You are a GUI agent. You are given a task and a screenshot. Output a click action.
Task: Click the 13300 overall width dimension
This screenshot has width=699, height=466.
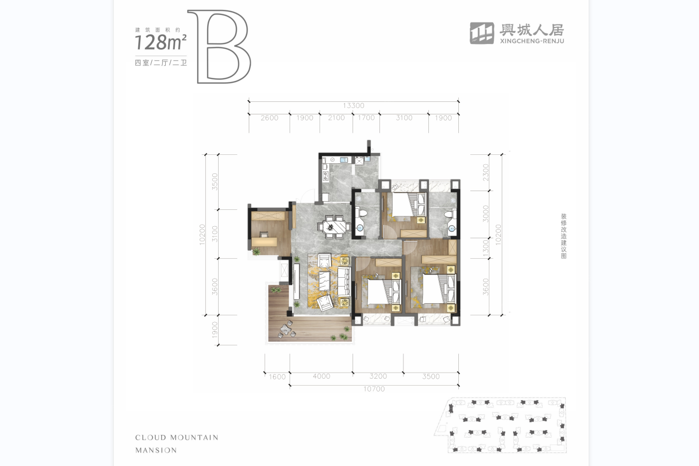353,105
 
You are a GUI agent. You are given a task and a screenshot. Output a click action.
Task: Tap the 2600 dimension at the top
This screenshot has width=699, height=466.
269,118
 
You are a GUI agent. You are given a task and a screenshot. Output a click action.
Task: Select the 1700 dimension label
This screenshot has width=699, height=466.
366,118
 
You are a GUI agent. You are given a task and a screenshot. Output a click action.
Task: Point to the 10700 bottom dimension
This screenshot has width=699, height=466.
374,389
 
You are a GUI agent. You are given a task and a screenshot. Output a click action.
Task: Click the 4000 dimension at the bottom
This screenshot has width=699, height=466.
322,376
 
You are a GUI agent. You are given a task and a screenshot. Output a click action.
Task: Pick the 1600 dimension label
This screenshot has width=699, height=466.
277,377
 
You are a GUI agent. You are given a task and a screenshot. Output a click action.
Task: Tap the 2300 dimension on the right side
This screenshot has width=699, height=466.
485,172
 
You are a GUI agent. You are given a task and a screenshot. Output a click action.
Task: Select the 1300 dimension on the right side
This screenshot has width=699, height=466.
485,248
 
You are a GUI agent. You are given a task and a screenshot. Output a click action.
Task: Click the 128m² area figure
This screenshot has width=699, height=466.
161,42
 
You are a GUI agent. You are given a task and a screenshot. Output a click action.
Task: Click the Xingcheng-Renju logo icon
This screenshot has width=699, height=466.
482,33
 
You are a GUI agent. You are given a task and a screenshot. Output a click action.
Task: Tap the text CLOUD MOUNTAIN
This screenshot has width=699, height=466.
177,438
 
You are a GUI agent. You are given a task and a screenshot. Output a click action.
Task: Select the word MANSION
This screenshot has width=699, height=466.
156,450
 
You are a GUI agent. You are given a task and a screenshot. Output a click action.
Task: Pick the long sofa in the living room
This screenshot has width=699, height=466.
344,282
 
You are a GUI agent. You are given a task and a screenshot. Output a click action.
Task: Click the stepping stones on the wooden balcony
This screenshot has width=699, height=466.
287,330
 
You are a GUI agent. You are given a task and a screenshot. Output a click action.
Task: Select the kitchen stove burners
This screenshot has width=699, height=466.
326,176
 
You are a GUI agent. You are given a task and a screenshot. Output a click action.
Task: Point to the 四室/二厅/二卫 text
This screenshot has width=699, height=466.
161,63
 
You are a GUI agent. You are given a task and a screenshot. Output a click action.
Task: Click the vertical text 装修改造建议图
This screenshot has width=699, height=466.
564,236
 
